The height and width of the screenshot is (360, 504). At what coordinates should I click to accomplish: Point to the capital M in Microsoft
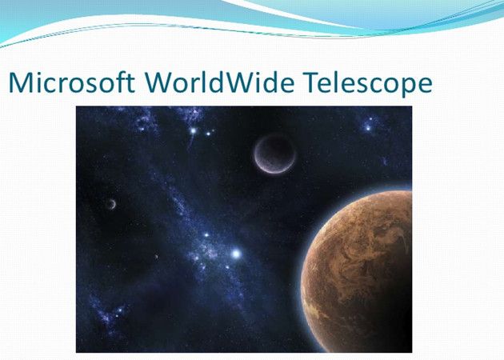click(21, 82)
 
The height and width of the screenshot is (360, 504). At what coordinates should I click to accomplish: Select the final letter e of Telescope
click(424, 85)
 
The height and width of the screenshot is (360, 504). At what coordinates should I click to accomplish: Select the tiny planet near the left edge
click(111, 204)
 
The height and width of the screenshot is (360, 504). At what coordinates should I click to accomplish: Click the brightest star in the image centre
click(235, 254)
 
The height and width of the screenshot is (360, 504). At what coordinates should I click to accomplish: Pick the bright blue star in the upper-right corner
click(369, 126)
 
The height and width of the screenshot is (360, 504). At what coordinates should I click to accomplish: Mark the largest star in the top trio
click(193, 130)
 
